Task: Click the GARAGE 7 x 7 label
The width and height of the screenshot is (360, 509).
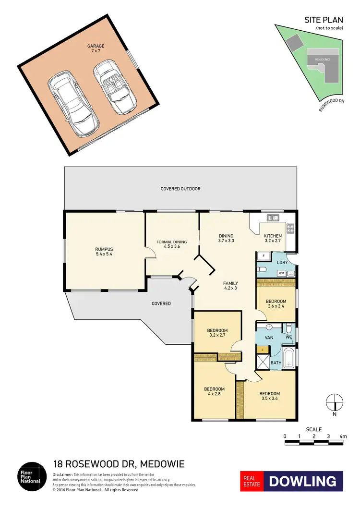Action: pos(96,48)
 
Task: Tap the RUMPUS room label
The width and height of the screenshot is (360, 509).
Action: pos(104,251)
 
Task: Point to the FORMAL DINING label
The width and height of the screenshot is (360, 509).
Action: pos(171,244)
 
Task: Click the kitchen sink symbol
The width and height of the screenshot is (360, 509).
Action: pos(273,218)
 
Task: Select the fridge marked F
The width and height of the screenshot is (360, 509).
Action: pos(263,255)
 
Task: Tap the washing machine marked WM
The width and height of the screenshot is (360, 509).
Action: pos(282,273)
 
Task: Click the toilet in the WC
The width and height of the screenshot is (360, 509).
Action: pos(288,328)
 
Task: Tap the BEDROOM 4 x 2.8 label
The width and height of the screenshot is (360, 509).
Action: pos(214,391)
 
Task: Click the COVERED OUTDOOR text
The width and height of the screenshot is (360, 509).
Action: pos(180,189)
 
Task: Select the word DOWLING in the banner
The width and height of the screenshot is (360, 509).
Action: pos(302,481)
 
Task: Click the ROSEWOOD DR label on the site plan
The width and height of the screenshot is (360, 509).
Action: pos(332,105)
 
